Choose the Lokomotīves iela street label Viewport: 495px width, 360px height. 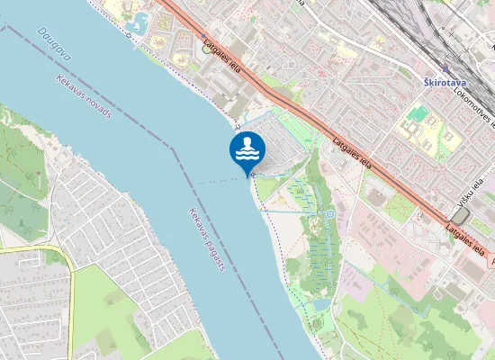[x=474, y=105]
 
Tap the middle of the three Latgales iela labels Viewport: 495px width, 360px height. [x=353, y=151]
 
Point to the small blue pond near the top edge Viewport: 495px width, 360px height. [x=139, y=20]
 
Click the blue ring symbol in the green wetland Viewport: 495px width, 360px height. [x=330, y=214]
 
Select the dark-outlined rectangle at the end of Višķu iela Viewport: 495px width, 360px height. [x=460, y=216]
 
